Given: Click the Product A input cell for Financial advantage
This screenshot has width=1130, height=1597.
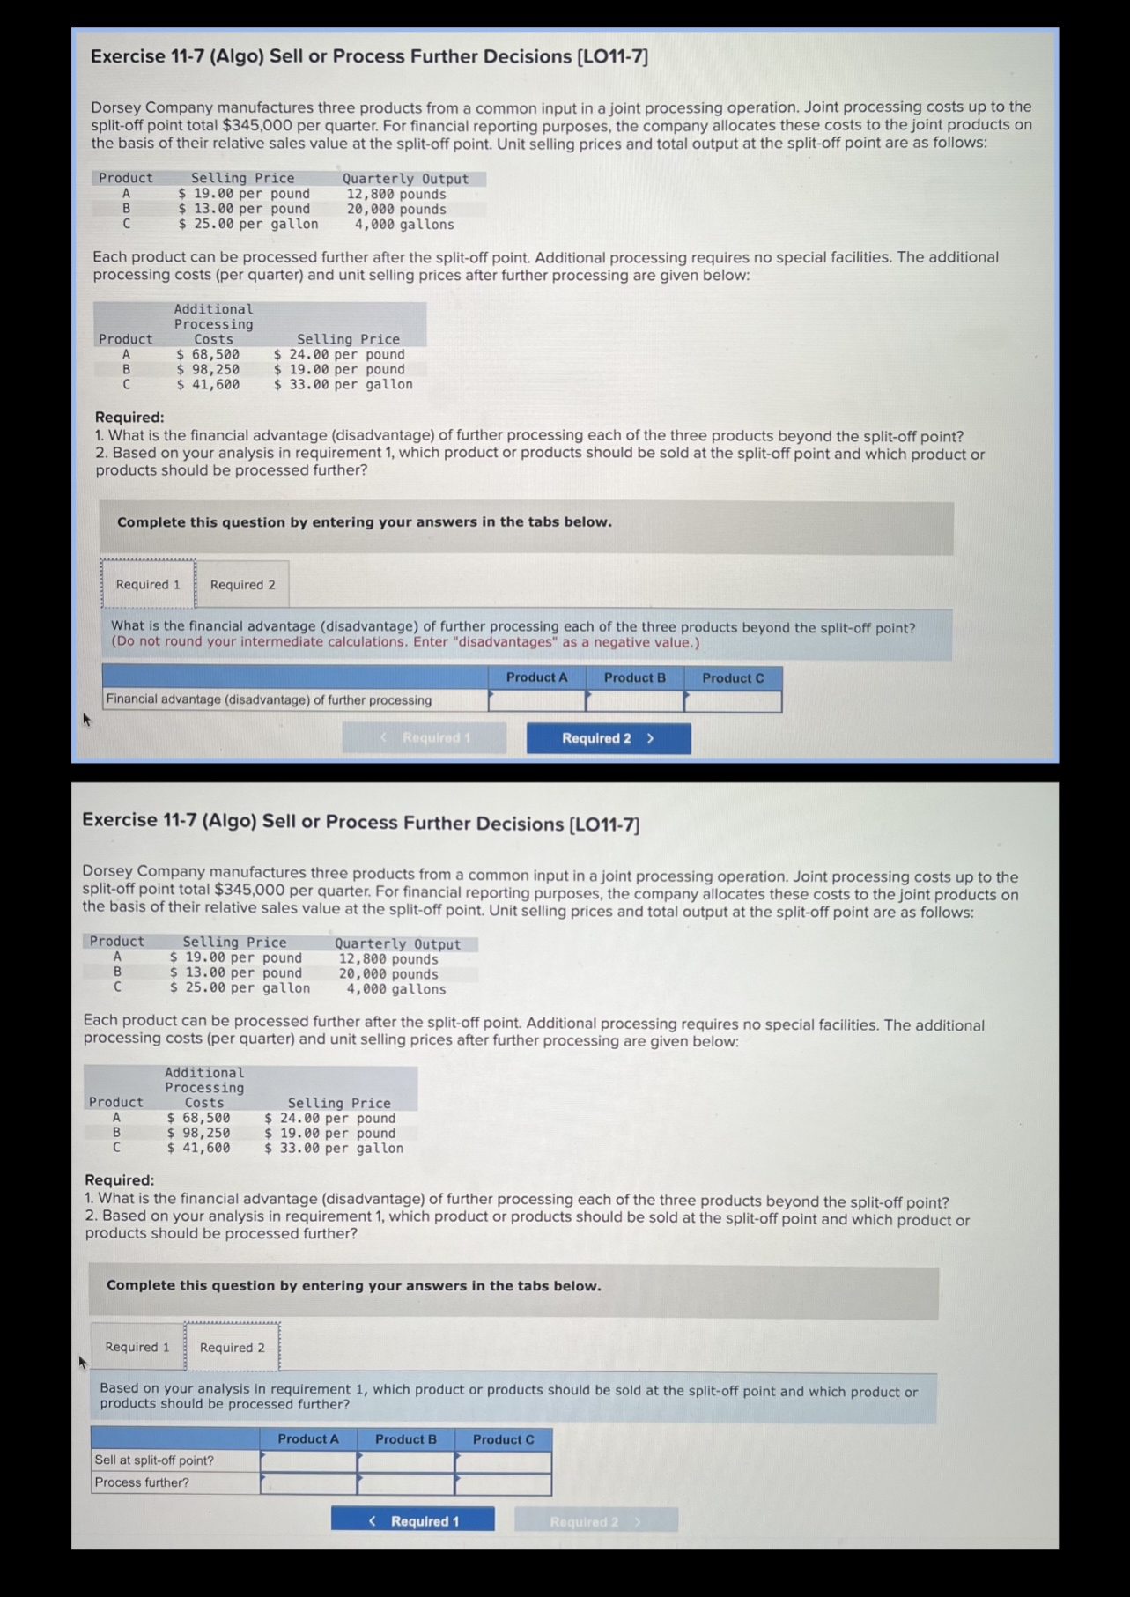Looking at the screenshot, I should [537, 701].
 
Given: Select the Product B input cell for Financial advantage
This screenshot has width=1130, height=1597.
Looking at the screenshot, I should [635, 701].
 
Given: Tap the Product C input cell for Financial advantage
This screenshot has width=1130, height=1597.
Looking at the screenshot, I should [733, 701].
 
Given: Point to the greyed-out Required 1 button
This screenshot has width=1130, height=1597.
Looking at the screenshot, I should [425, 738].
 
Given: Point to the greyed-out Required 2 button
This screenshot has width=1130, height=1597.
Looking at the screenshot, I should [596, 1520].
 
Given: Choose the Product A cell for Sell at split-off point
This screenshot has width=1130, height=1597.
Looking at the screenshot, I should [308, 1461].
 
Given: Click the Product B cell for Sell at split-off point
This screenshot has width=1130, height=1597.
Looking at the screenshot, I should [406, 1461].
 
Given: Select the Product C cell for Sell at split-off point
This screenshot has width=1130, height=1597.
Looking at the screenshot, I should [504, 1461].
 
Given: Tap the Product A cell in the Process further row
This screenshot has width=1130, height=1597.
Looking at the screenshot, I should [308, 1483].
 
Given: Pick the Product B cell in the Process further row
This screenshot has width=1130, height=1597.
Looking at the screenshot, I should [406, 1483].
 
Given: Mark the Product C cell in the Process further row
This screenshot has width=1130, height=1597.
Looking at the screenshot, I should [504, 1483].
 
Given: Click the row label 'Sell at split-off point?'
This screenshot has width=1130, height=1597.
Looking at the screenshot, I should [154, 1460].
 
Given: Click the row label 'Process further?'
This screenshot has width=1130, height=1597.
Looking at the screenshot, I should [142, 1482].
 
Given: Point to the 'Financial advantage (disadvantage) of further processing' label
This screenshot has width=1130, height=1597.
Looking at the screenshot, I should [269, 700].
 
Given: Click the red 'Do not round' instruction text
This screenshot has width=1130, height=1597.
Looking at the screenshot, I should [405, 642].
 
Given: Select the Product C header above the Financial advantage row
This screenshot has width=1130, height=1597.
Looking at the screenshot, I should [733, 678].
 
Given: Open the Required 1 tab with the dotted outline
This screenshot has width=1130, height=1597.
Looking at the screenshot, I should [148, 584].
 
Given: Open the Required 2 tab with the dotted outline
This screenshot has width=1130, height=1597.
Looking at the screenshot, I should [233, 1348].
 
